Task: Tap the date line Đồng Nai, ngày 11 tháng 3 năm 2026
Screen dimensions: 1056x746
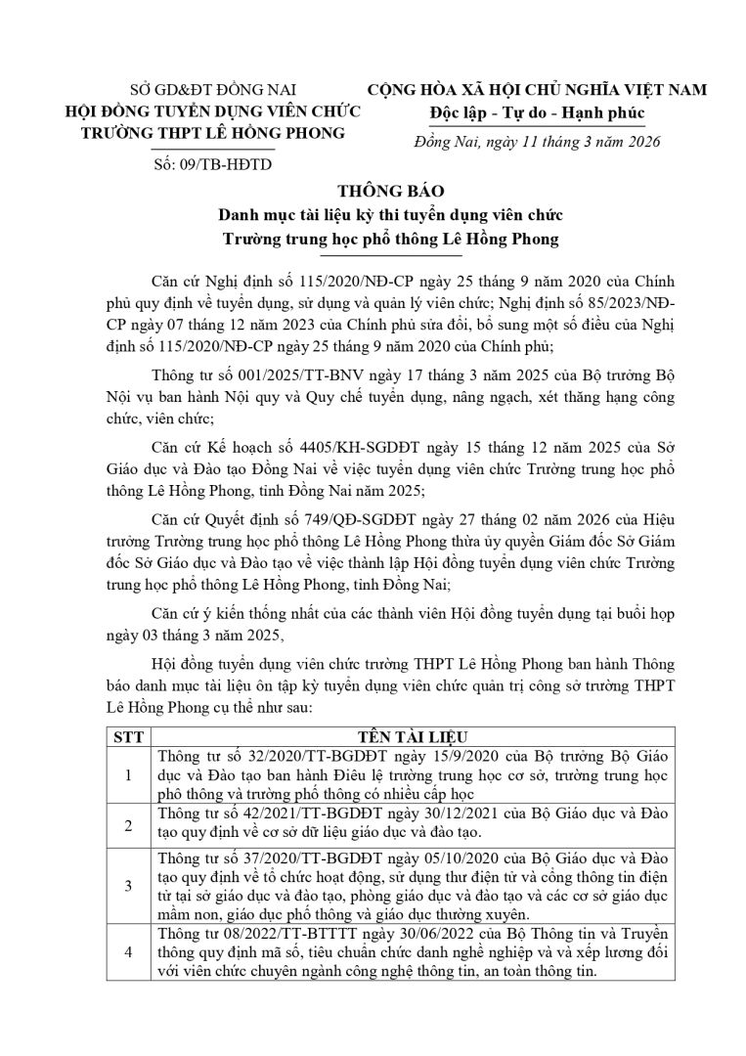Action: click(533, 143)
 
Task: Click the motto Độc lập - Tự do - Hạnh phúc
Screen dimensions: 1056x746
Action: click(533, 111)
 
